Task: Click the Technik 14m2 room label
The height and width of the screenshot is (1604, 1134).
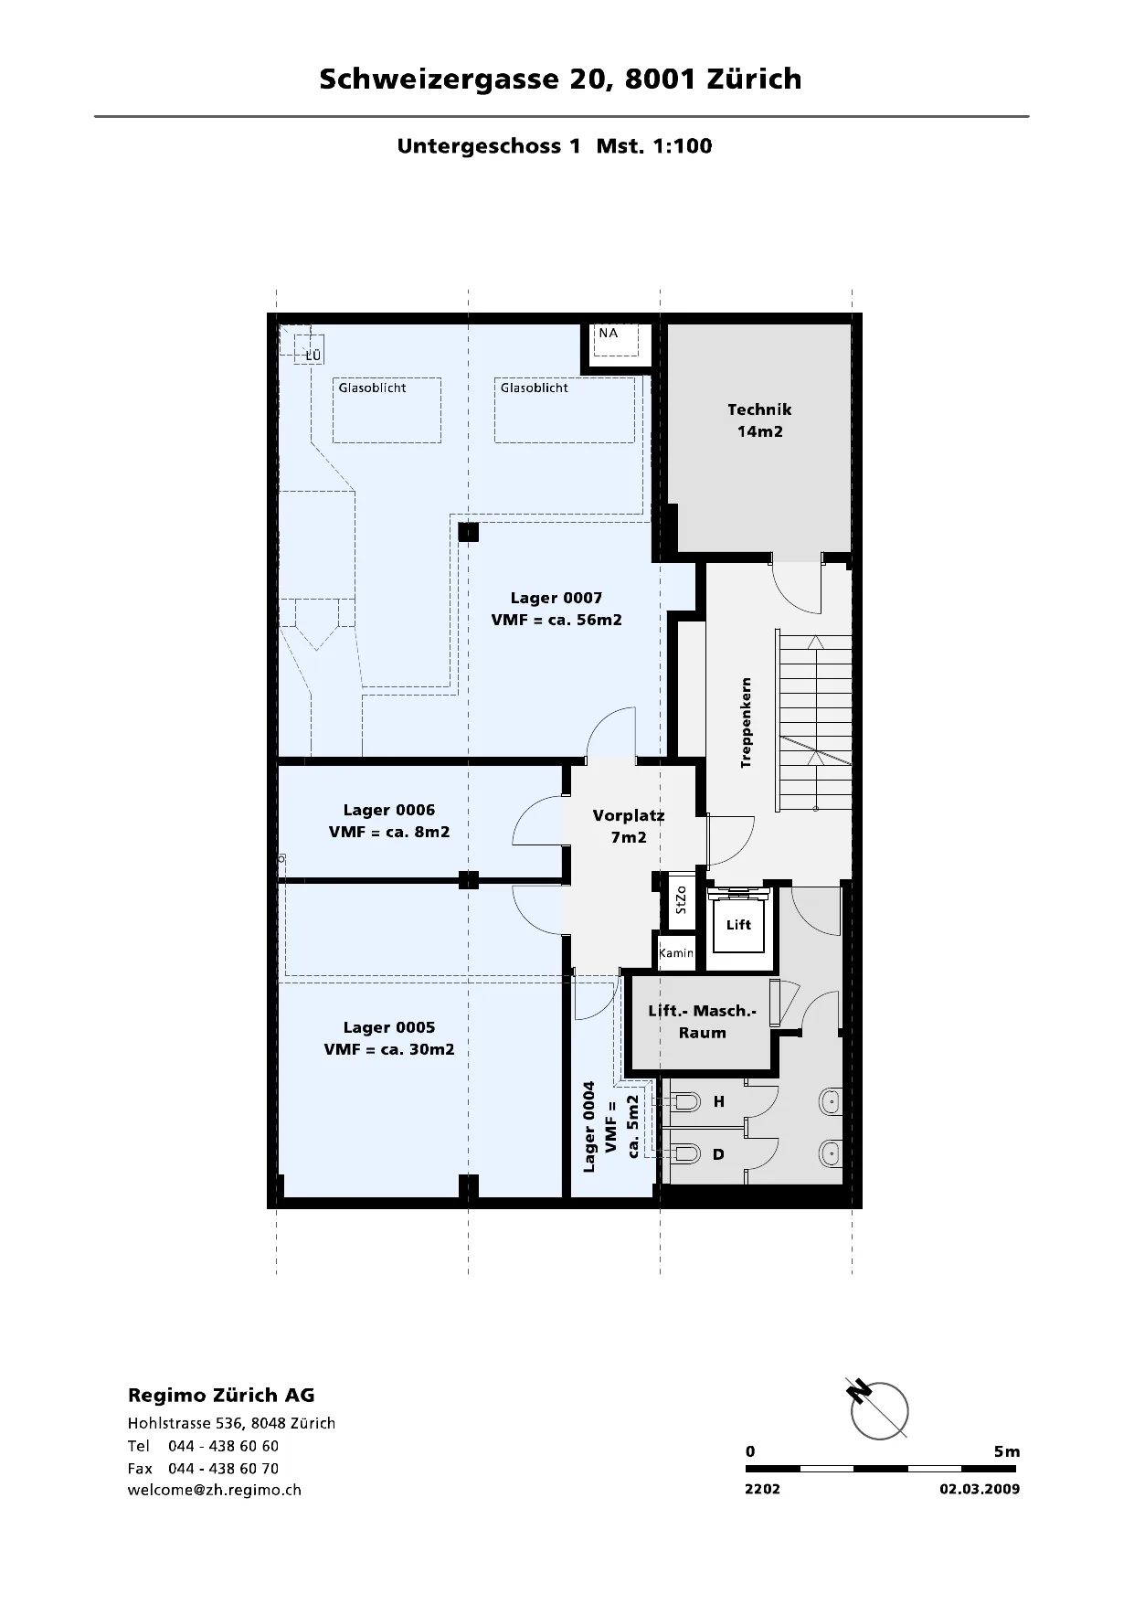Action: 759,420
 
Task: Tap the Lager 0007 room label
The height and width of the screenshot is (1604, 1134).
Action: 556,609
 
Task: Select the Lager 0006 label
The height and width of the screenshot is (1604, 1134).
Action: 389,821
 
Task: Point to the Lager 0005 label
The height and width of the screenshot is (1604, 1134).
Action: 389,1038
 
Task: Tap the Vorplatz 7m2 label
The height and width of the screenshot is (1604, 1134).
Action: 629,826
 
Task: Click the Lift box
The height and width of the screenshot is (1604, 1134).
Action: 738,924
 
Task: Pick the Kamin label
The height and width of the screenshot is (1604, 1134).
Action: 676,953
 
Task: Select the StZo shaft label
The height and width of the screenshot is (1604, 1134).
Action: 680,900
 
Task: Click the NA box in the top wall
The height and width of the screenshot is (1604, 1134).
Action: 618,344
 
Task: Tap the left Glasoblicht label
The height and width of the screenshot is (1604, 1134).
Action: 372,388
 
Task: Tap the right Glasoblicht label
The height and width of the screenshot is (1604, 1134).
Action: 534,388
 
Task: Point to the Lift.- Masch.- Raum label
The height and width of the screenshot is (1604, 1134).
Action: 702,1022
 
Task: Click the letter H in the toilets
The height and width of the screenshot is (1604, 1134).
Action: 719,1103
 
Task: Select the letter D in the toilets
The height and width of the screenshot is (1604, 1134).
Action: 718,1154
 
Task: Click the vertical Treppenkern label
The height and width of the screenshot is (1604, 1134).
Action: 747,722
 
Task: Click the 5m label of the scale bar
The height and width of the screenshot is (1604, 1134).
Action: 1007,1451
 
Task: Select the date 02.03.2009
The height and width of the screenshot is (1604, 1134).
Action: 980,1489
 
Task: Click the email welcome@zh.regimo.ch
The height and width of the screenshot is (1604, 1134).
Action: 215,1490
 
